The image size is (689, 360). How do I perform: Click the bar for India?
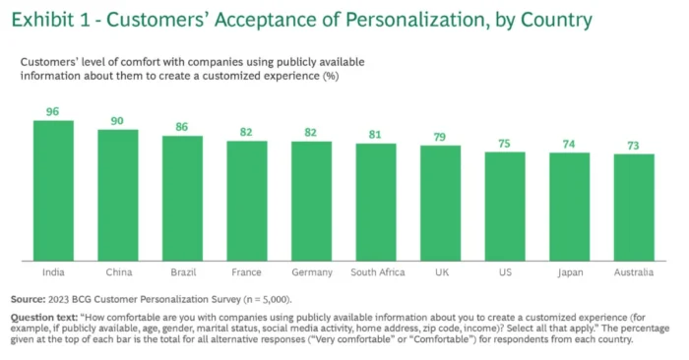tap(53, 191)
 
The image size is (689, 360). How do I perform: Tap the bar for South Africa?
tap(375, 202)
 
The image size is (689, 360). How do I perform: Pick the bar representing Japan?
tap(569, 207)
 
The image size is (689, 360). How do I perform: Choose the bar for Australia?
tap(634, 208)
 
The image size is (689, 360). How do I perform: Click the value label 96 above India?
tap(53, 112)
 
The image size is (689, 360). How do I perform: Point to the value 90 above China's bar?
tap(117, 121)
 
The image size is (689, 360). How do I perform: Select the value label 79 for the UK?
tap(440, 137)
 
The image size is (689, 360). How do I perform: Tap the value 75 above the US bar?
tap(504, 143)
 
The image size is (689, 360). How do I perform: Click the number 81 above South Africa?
tap(375, 135)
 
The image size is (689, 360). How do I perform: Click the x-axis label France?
tap(246, 272)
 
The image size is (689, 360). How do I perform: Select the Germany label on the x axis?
tap(311, 272)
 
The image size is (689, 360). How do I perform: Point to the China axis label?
tap(117, 272)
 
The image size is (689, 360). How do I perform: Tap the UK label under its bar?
tap(440, 272)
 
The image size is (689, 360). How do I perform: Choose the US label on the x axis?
tap(504, 272)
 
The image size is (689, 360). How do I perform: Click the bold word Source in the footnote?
tap(30, 298)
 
